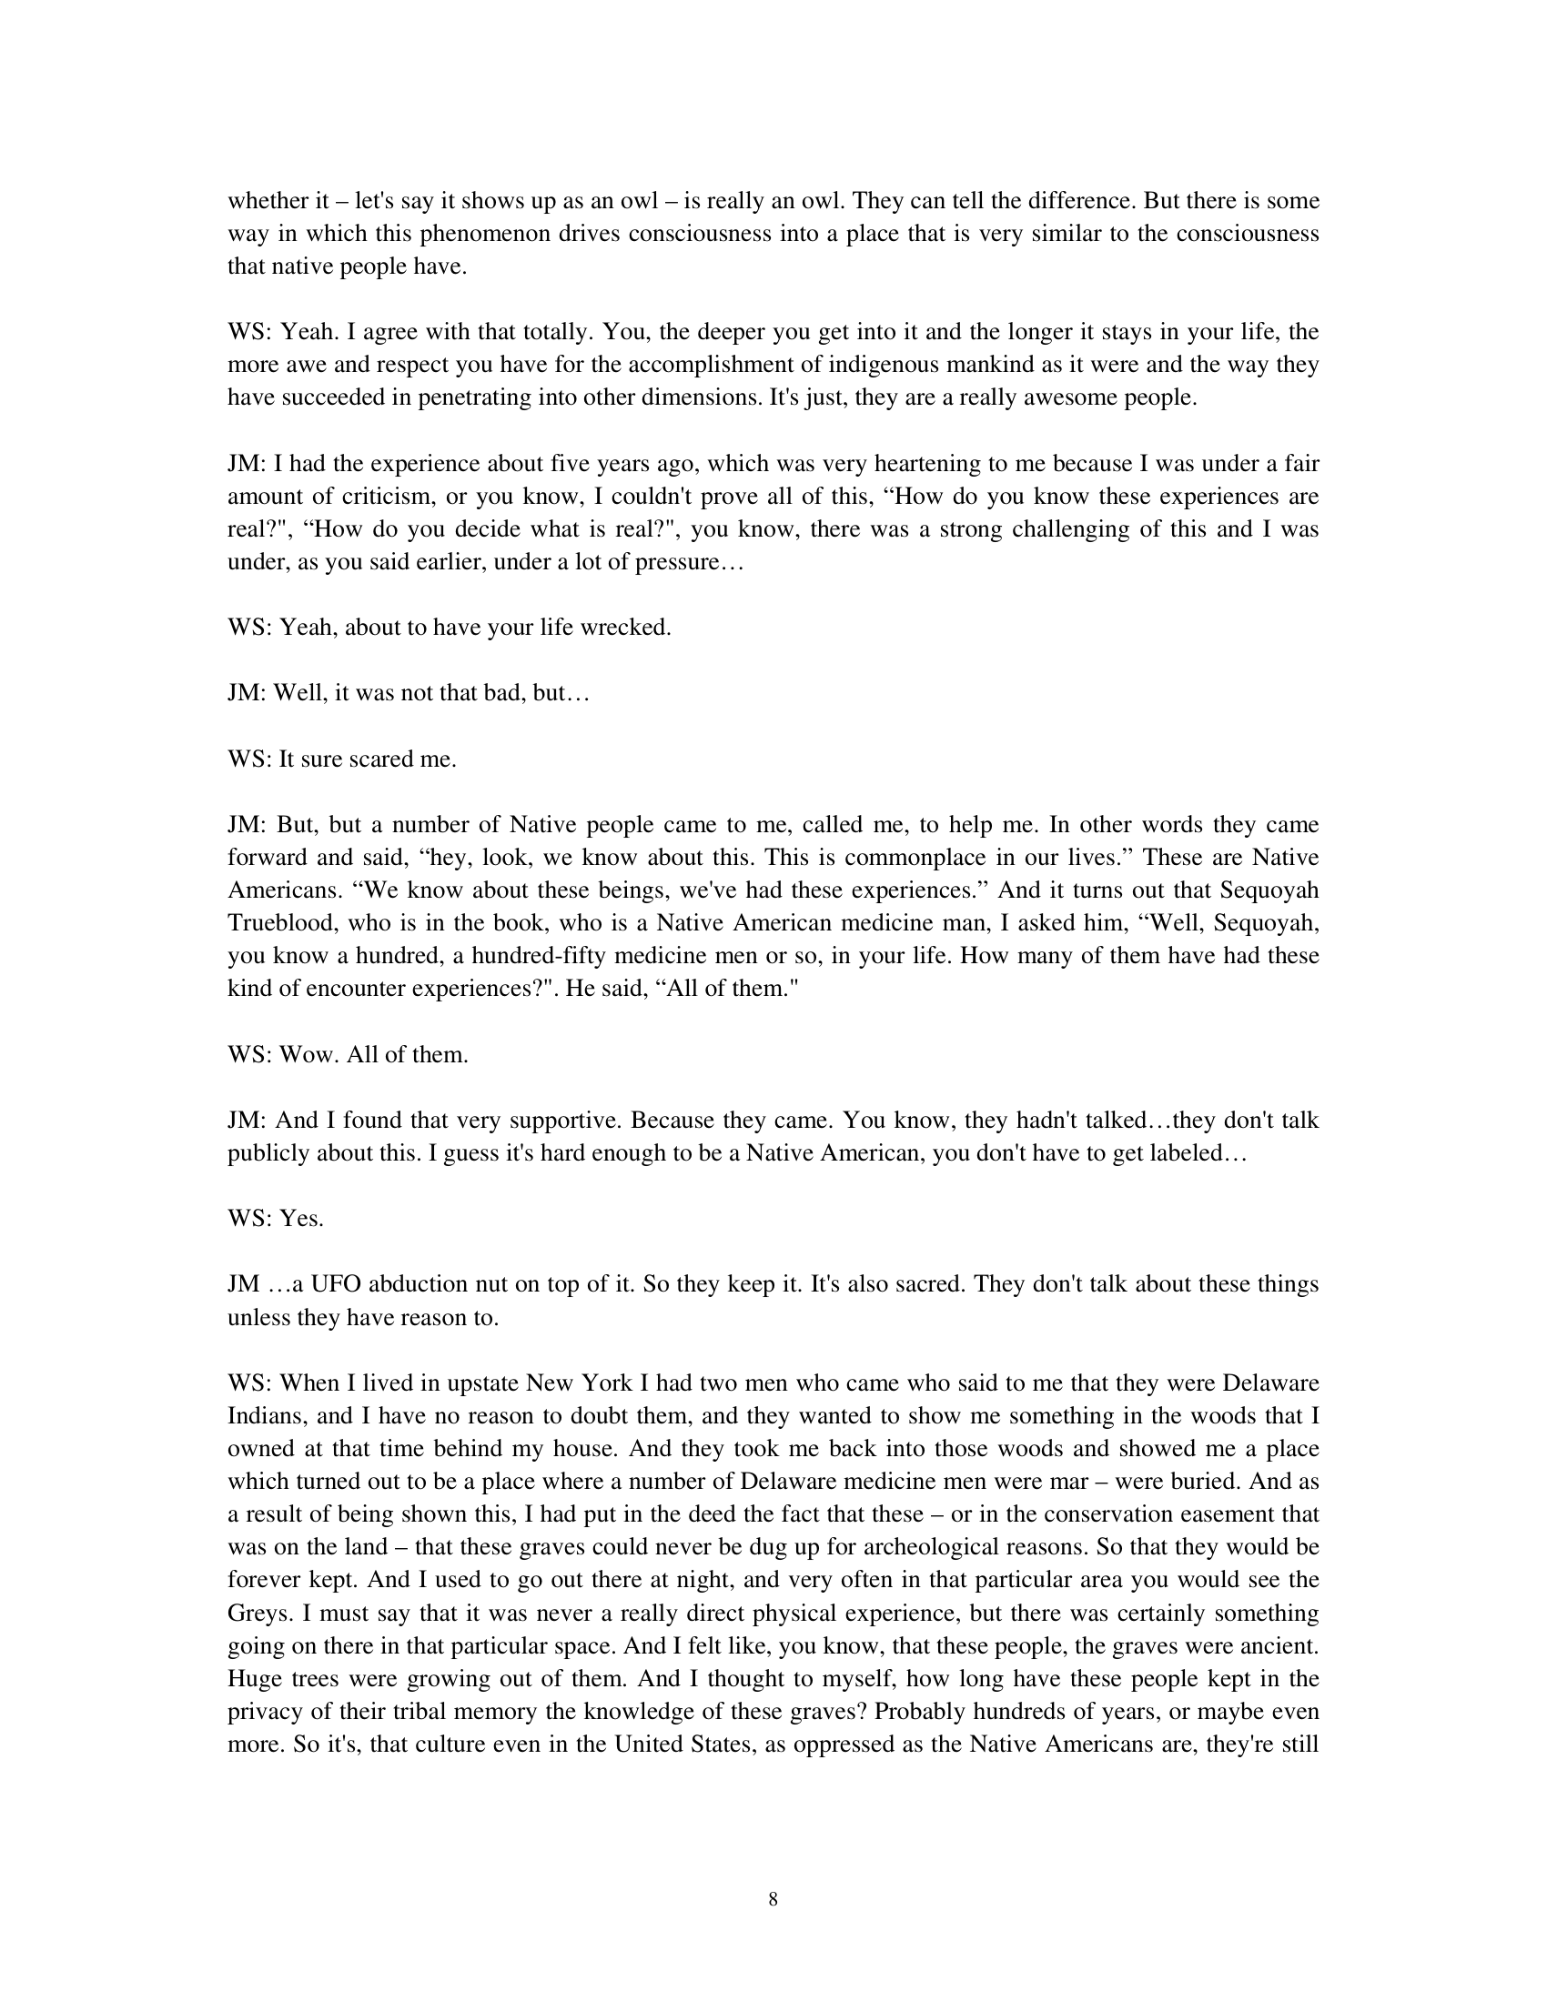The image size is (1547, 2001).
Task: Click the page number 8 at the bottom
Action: pos(773,1899)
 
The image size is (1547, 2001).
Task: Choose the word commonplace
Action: pos(925,858)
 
